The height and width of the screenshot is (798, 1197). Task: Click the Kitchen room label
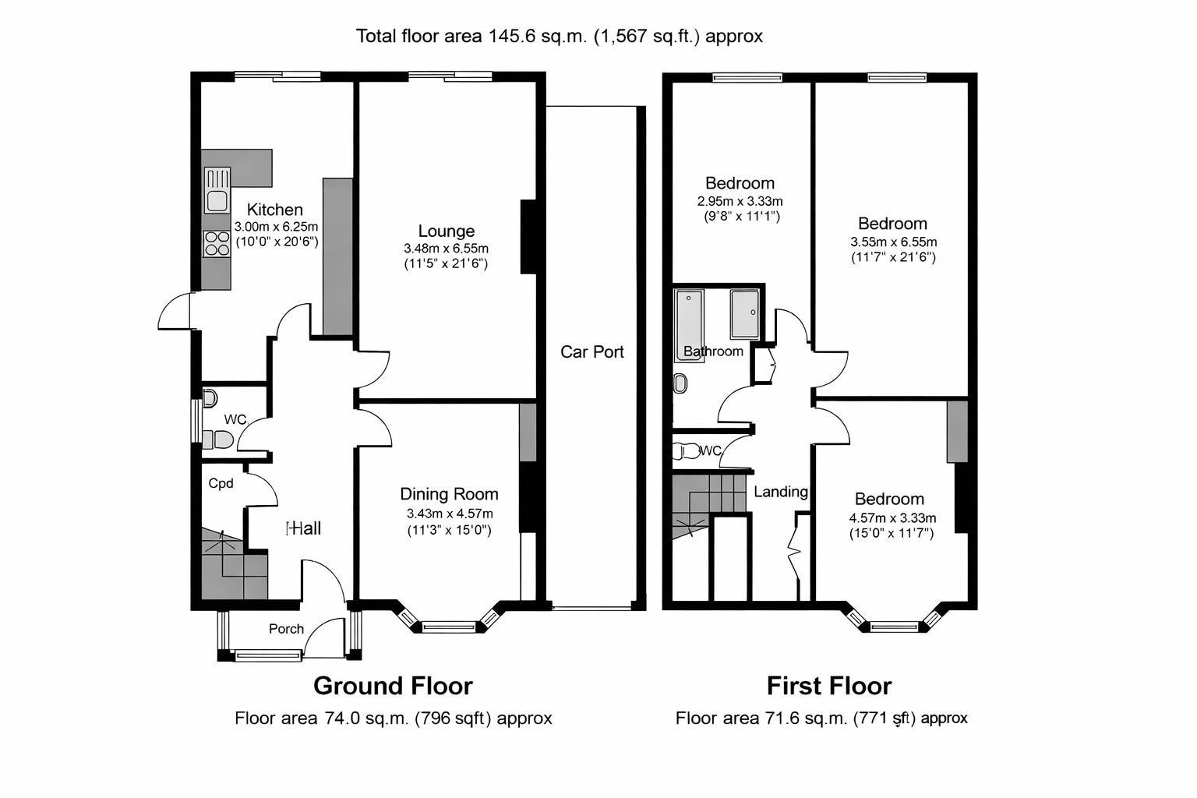point(274,210)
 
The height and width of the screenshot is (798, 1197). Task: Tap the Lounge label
point(447,231)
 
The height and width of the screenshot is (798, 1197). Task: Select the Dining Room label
point(449,494)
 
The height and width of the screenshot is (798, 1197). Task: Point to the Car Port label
point(592,351)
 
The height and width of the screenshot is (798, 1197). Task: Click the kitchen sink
point(217,190)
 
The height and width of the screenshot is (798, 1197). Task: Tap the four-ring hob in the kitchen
point(217,244)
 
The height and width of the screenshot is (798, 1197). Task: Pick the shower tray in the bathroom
point(745,314)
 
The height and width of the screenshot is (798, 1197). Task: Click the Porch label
point(286,629)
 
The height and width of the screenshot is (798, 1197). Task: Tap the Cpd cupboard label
point(221,484)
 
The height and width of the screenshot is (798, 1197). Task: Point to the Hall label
point(303,528)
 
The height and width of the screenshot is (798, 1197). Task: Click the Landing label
point(781,493)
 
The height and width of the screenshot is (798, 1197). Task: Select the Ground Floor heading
point(393,687)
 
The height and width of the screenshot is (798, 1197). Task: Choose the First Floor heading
point(829,687)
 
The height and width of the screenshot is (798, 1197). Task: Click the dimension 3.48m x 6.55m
point(447,249)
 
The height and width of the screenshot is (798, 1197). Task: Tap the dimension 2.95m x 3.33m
point(740,202)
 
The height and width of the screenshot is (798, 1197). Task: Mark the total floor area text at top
point(560,37)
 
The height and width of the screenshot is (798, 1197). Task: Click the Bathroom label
point(713,351)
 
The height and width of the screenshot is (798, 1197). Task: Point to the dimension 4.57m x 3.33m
point(892,518)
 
